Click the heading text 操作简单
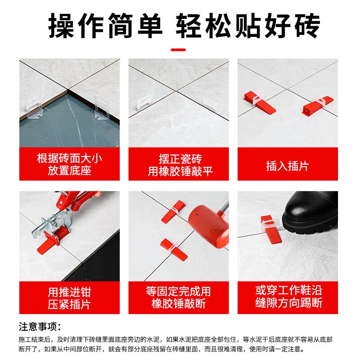point(105,25)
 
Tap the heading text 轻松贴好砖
point(248,25)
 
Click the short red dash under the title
point(178,49)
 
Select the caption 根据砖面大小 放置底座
point(69,164)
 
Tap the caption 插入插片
point(288,166)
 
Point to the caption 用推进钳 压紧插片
point(69,298)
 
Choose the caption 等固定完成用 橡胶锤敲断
point(178,297)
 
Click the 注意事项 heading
point(40,327)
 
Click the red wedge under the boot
point(270,229)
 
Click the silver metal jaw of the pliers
point(52,222)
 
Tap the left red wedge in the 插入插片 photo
point(259,102)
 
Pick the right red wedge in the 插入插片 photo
point(318,106)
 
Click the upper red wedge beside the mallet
point(173,211)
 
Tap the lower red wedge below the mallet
point(174,250)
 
